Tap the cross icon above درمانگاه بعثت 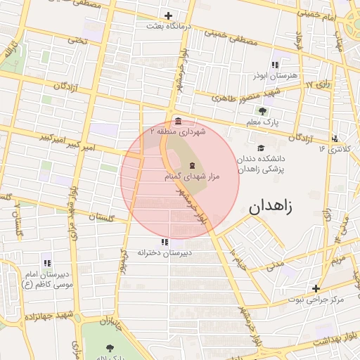point(168,15)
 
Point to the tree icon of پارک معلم point(263,111)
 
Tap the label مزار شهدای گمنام point(192,176)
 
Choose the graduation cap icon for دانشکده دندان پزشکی point(261,148)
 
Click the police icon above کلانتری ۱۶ point(335,139)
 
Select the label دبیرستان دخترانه point(165,252)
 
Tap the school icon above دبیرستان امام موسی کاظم point(46,262)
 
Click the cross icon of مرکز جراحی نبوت point(316,288)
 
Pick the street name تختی point(77,41)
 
